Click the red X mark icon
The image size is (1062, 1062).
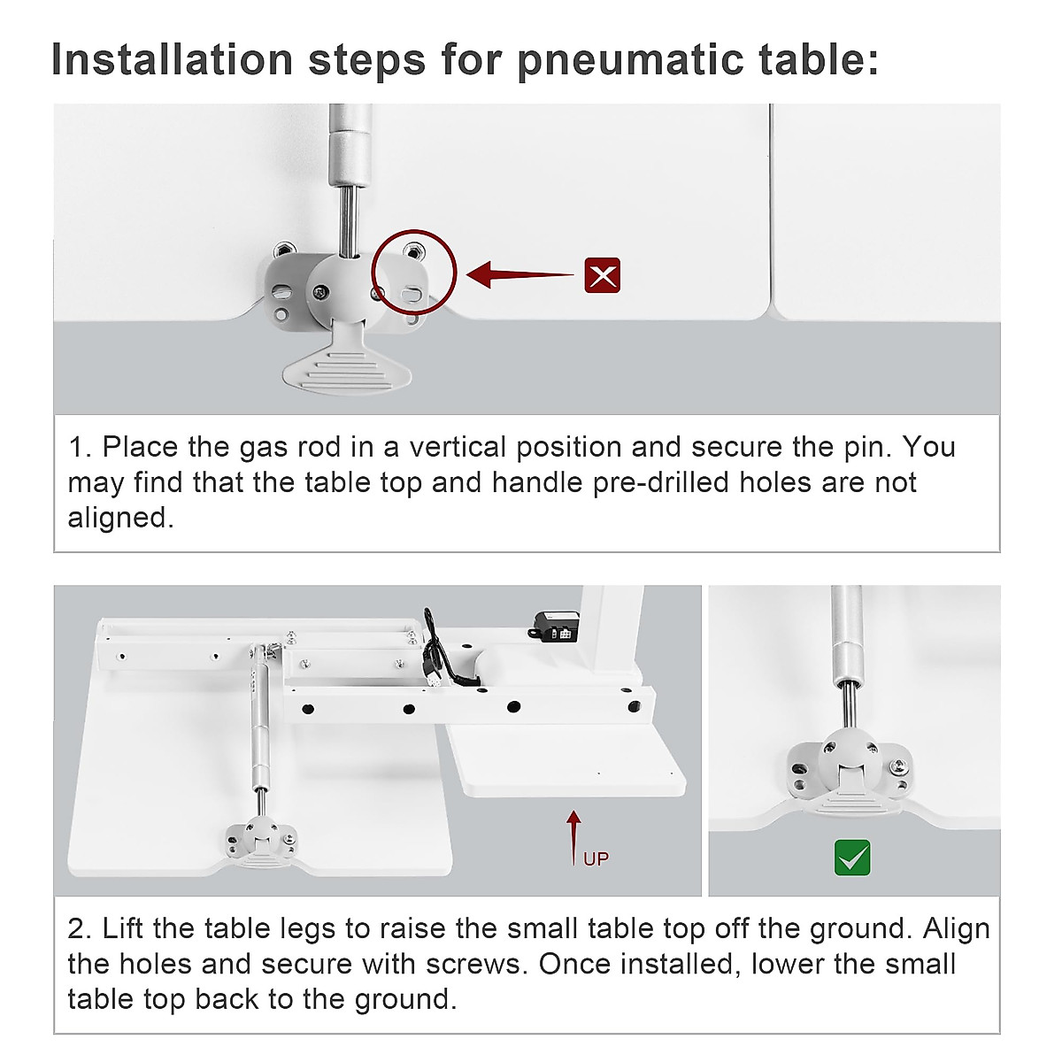tap(602, 275)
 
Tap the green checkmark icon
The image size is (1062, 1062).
tap(852, 858)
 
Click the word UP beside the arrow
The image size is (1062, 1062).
tap(596, 859)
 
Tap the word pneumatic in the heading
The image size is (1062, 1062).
tap(631, 61)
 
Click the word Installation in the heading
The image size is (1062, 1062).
tap(172, 59)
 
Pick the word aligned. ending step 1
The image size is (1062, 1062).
tap(120, 518)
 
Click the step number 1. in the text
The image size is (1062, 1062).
tap(80, 447)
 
